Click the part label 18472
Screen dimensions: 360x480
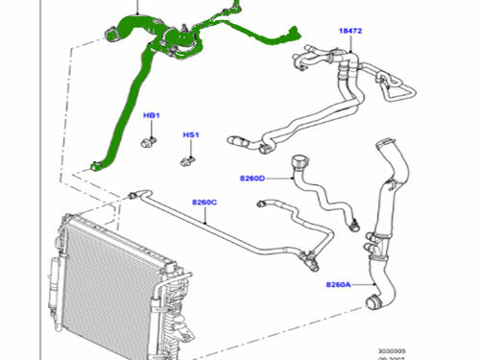[x=350, y=32]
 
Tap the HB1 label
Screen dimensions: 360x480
[x=152, y=115]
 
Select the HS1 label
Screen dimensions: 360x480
[x=190, y=135]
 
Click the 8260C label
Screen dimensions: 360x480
[x=204, y=202]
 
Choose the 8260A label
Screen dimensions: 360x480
[x=339, y=284]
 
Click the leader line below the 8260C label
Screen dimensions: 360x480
[x=205, y=218]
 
